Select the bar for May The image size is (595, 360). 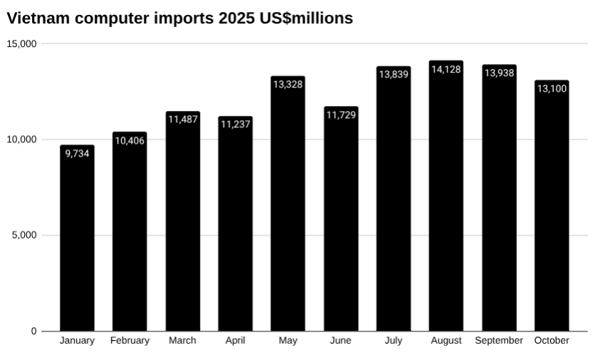288,213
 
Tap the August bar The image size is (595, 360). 446,206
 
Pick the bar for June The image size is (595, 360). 341,228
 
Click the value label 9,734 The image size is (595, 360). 77,153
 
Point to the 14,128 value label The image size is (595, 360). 446,69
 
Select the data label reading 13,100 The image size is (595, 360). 552,88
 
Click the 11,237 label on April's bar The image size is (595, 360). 235,125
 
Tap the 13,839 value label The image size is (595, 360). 394,74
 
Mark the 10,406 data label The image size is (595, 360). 130,140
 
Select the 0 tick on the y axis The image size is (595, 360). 33,332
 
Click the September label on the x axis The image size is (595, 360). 499,341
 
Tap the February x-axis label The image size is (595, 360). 130,341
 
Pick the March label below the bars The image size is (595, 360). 182,341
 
